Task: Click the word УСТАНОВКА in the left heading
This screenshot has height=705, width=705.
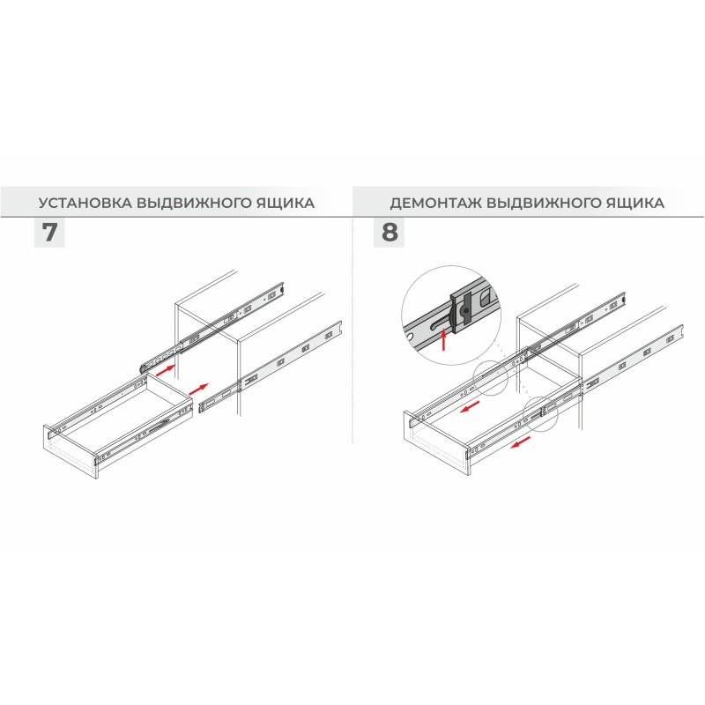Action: [85, 203]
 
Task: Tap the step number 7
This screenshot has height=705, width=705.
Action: [49, 233]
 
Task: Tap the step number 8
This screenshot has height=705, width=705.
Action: [390, 233]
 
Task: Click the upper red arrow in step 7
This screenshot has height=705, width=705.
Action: [166, 370]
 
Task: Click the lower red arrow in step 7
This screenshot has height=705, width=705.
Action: [199, 390]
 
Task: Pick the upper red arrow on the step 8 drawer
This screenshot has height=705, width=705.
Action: [471, 407]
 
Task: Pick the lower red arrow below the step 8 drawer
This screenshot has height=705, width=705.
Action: [521, 443]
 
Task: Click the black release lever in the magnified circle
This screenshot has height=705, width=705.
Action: [463, 311]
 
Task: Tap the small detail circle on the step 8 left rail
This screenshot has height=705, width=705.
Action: [490, 378]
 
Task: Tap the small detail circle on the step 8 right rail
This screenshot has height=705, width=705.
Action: [540, 413]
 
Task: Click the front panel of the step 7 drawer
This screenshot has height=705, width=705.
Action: [71, 453]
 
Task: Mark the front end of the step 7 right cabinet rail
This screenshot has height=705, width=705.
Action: [201, 408]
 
